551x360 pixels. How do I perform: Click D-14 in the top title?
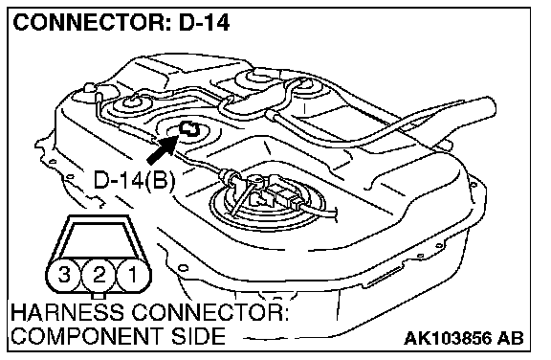point(204,23)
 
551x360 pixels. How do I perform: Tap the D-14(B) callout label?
point(134,181)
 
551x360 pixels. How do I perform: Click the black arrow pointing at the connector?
point(162,149)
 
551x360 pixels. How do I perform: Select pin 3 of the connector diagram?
point(64,275)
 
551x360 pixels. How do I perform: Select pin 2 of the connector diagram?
point(99,275)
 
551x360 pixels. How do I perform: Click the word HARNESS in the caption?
point(68,312)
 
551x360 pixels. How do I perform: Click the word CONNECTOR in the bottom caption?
point(209,312)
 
